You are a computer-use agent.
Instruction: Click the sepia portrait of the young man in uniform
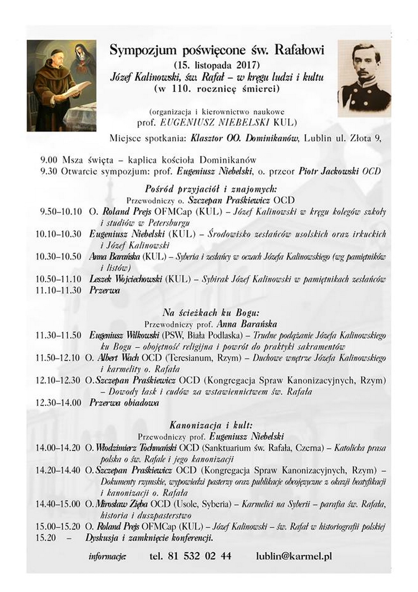[x=364, y=78]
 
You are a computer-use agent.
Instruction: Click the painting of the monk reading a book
[x=62, y=85]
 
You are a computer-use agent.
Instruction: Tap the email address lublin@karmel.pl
[x=293, y=556]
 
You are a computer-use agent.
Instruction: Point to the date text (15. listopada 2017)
[x=217, y=65]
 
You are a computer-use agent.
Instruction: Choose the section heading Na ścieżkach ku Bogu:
[x=211, y=312]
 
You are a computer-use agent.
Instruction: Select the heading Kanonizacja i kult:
[x=211, y=425]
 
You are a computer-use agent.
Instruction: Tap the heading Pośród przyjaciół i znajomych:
[x=211, y=189]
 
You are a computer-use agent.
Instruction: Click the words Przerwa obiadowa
[x=124, y=403]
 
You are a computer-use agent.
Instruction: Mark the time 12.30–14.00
[x=59, y=403]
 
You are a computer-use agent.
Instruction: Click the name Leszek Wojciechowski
[x=125, y=279]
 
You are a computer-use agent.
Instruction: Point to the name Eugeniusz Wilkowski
[x=124, y=336]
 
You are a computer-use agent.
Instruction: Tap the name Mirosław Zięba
[x=122, y=504]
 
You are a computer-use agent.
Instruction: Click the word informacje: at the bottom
[x=108, y=556]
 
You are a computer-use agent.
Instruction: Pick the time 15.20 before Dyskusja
[x=46, y=538]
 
